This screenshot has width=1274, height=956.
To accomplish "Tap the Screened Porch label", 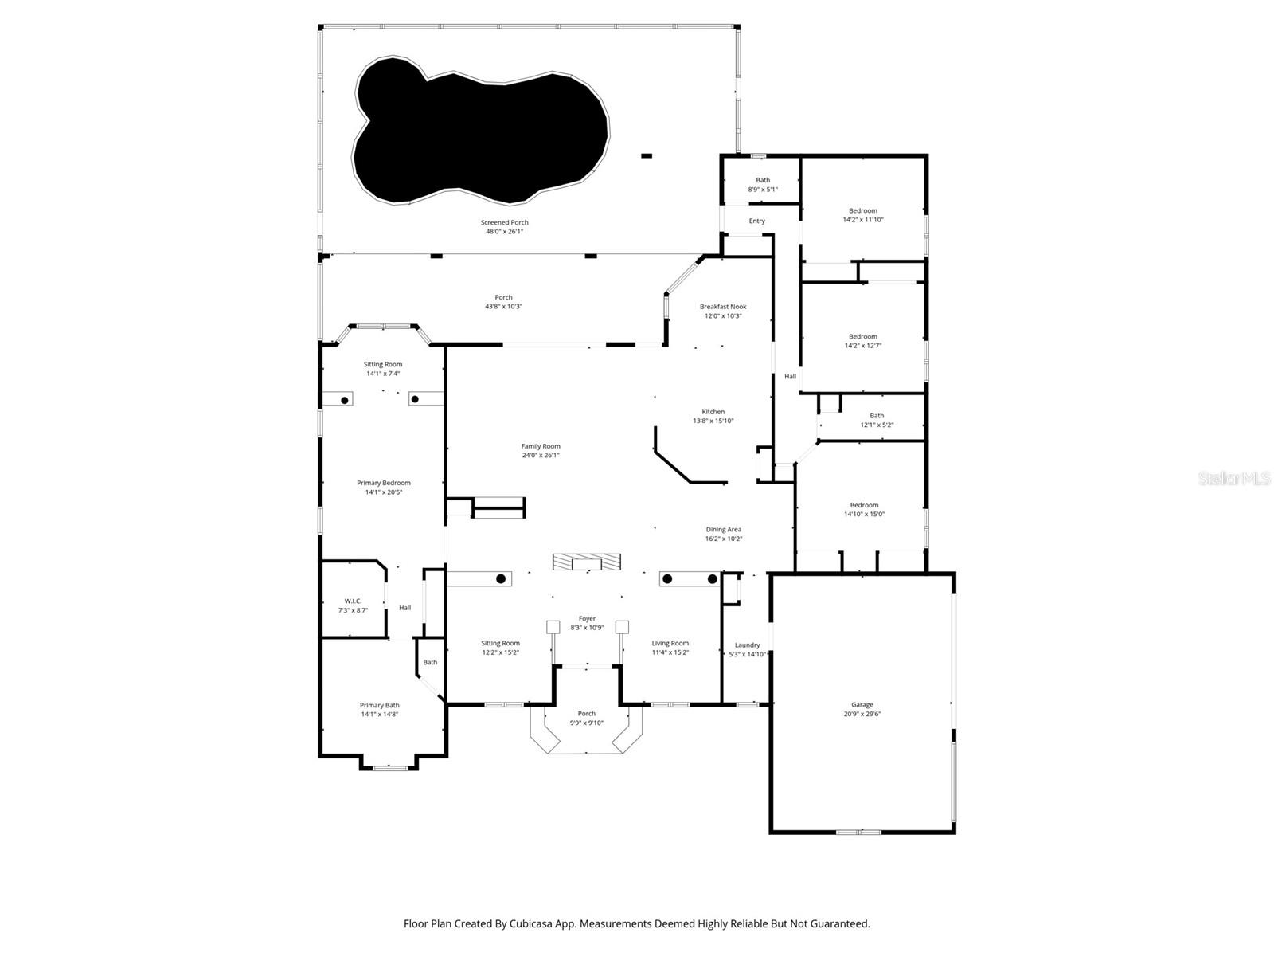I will click(504, 223).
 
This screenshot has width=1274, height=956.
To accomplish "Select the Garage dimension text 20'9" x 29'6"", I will click(862, 715).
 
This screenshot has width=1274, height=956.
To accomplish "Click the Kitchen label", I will click(713, 412).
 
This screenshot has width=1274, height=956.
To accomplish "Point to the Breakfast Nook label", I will click(723, 307).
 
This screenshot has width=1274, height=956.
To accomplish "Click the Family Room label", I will click(541, 446).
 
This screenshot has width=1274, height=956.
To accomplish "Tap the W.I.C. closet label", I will click(353, 601).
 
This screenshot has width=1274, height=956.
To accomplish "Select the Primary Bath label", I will click(380, 705).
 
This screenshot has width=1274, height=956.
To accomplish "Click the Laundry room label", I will click(747, 645).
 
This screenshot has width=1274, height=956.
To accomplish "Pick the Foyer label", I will click(587, 618).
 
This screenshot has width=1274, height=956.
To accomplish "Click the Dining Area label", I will click(724, 529).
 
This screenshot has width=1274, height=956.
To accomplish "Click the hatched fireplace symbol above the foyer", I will click(587, 562).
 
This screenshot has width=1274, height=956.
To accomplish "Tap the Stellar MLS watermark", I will click(1234, 479).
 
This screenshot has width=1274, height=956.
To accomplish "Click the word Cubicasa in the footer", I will click(534, 924).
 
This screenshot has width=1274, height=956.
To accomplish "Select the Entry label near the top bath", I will click(756, 221).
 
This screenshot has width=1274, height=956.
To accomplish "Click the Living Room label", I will click(670, 643).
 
